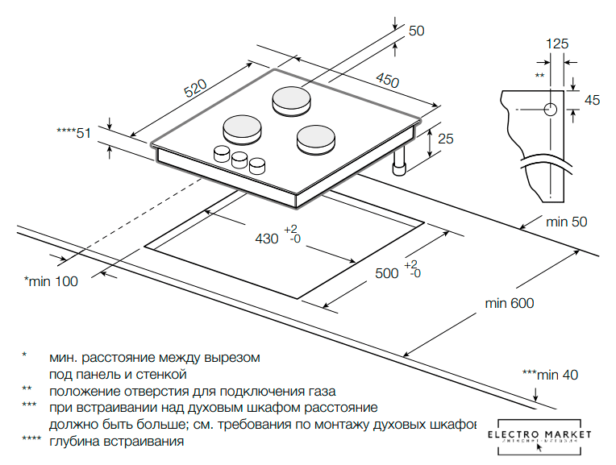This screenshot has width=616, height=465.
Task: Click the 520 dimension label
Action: (195, 89)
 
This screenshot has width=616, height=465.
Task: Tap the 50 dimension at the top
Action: (416, 31)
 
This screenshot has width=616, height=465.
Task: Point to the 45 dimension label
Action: (592, 100)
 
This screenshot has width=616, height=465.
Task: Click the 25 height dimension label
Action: (445, 139)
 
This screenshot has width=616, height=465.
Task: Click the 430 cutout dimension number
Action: (266, 239)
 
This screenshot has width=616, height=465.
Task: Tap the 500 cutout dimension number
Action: (387, 273)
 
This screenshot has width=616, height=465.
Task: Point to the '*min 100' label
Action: (51, 281)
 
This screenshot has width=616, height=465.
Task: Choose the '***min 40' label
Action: (550, 375)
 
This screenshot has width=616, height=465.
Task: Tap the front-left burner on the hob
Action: (241, 127)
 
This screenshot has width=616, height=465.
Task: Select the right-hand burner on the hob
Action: (315, 139)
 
